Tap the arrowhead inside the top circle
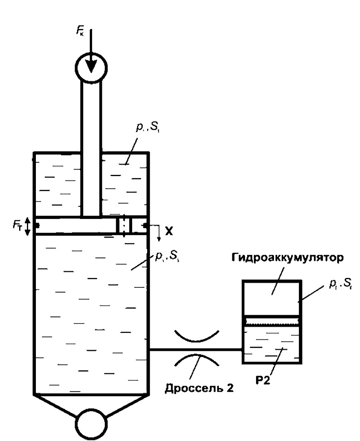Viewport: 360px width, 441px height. pyautogui.click(x=91, y=65)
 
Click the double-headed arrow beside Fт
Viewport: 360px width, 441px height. pyautogui.click(x=27, y=227)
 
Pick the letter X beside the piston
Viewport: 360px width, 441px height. pyautogui.click(x=169, y=231)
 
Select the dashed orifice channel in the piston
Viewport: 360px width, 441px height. pyautogui.click(x=123, y=226)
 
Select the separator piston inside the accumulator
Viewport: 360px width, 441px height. pyautogui.click(x=272, y=322)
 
